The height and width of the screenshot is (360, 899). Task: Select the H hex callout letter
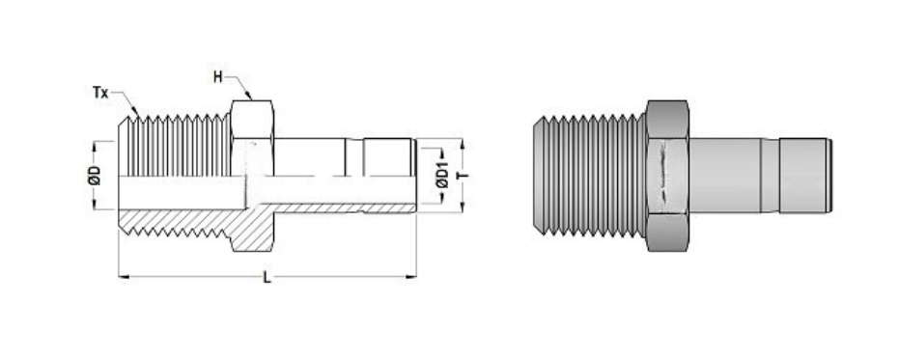(x=219, y=75)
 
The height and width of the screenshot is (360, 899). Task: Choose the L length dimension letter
(x=267, y=280)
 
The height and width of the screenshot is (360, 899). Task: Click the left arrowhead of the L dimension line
(x=122, y=278)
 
